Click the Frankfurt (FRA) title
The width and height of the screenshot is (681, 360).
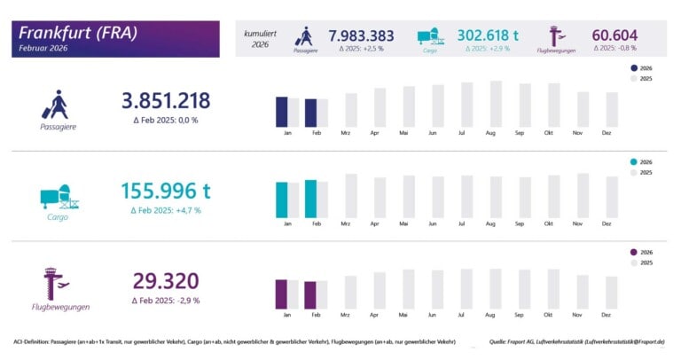79,33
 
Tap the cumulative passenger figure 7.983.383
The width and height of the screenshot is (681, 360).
361,35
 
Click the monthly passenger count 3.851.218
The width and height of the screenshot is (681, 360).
166,100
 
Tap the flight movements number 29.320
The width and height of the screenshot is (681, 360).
166,281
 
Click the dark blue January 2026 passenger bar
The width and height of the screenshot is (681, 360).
282,112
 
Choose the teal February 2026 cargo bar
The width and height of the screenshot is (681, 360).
310,199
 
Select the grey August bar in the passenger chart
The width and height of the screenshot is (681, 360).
496,104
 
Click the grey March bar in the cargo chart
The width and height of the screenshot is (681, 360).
351,195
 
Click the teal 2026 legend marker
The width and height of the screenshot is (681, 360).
633,162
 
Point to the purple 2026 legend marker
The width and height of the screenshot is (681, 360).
633,253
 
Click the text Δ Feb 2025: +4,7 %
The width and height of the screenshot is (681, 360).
166,210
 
